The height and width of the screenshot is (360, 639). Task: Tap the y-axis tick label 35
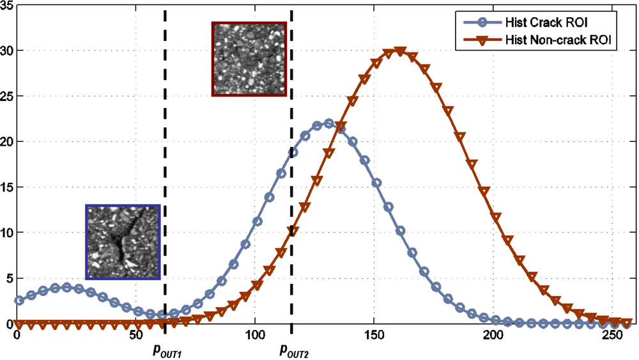coord(6,5)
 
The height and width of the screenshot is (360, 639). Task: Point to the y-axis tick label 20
coord(6,141)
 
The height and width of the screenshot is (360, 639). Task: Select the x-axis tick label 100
coord(255,335)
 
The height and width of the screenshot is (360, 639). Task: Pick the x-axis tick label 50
coord(135,335)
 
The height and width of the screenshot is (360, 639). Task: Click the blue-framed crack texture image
coord(123,242)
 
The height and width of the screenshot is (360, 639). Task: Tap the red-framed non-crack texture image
coord(249,59)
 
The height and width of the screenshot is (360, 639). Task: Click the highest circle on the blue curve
coord(328,123)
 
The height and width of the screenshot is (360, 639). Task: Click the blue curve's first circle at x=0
coord(19,300)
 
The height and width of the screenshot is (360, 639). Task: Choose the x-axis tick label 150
coord(374,335)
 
